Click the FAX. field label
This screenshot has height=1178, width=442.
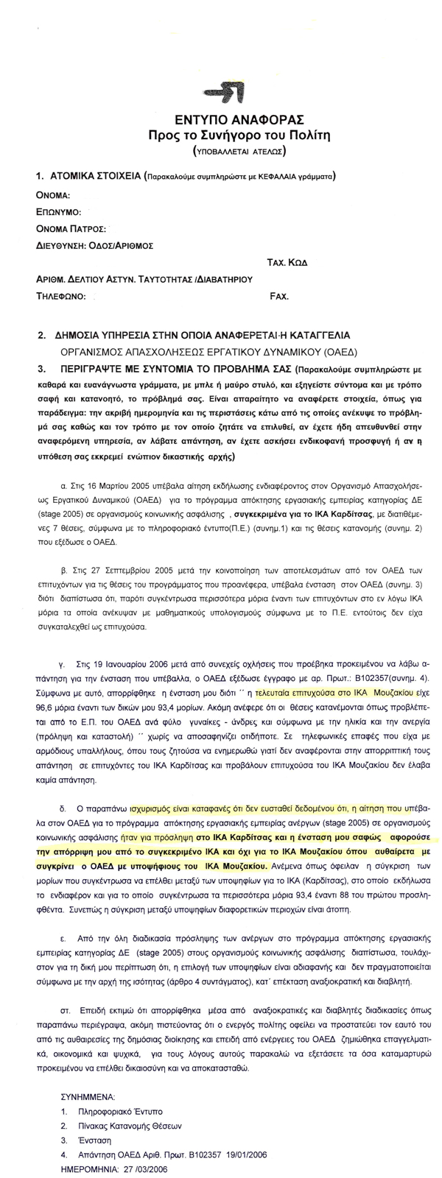click(280, 297)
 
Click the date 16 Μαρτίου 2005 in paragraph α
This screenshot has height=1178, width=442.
click(122, 487)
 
